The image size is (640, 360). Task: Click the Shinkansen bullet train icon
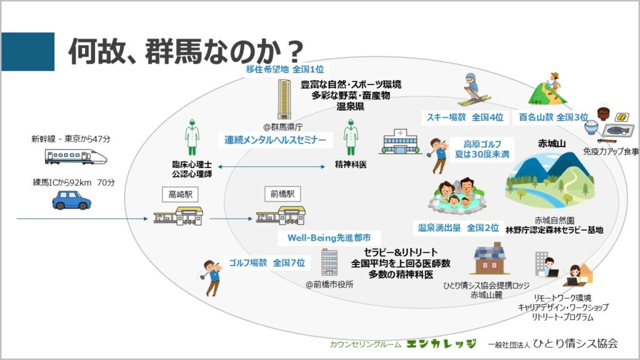76,157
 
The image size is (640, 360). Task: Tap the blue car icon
71,201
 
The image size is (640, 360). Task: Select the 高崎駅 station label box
180,194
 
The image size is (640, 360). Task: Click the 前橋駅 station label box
282,194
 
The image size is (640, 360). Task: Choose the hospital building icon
401,142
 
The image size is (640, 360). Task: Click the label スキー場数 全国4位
464,117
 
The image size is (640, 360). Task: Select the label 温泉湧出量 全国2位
458,227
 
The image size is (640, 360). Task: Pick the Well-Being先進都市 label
329,238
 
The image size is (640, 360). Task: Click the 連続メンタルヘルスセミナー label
275,140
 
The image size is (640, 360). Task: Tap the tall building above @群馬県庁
284,99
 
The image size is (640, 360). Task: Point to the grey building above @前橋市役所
329,262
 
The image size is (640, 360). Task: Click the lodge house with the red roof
489,258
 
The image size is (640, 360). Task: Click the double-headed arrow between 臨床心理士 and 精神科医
271,166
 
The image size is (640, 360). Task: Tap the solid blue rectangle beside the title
27,52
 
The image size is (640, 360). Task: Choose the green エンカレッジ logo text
442,344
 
